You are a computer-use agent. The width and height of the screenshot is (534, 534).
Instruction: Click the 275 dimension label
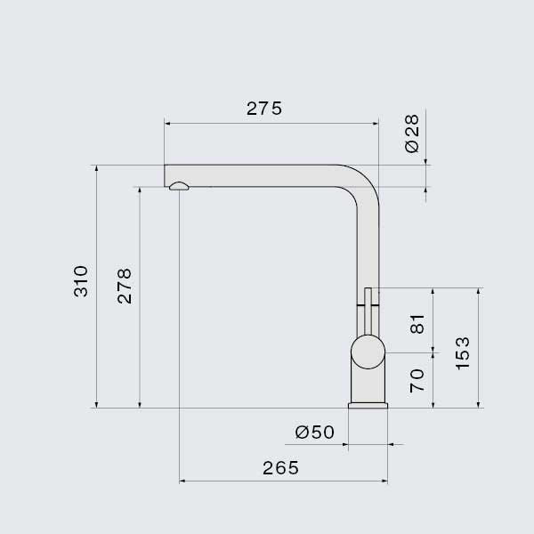tap(264, 109)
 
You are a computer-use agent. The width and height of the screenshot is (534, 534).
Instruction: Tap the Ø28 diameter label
tap(412, 133)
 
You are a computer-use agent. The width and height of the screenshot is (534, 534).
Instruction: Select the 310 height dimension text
tap(81, 281)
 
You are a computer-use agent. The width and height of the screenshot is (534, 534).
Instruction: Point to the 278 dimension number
tap(125, 286)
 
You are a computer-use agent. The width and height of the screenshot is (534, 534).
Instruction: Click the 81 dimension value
tap(417, 324)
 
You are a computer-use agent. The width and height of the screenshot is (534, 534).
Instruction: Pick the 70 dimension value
tap(417, 380)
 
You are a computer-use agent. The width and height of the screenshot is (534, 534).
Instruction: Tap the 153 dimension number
tap(462, 353)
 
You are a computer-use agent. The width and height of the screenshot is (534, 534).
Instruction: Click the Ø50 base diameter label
tap(315, 433)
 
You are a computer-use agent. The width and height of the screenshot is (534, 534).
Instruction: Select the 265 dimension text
tap(280, 468)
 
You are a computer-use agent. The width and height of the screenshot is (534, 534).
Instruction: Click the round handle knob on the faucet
tap(368, 352)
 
